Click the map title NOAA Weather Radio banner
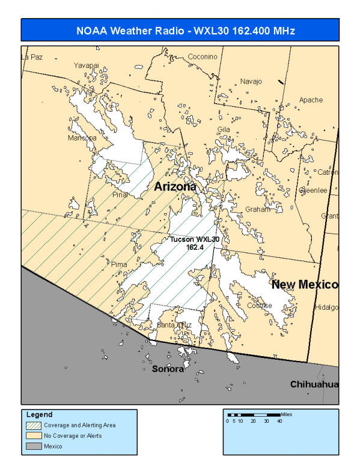click(180, 30)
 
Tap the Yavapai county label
click(85, 65)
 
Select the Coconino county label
click(202, 56)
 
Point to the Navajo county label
click(251, 81)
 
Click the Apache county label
click(311, 100)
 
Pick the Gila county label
click(224, 129)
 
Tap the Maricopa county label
click(82, 138)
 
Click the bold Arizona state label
click(175, 187)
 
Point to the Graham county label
click(257, 210)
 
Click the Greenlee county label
click(314, 190)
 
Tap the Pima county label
click(120, 264)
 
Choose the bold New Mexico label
click(305, 284)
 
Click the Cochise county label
click(259, 305)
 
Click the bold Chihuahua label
click(314, 384)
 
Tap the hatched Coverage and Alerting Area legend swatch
click(34, 425)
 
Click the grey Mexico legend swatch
click(34, 446)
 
